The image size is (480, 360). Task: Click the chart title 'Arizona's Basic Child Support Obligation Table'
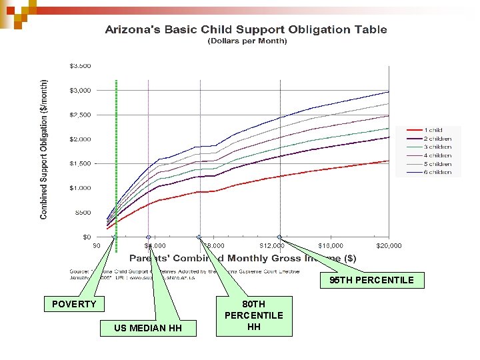(x=245, y=29)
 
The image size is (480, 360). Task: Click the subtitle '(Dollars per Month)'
(x=247, y=41)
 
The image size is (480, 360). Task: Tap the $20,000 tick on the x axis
(x=389, y=245)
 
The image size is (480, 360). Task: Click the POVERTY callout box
(x=74, y=305)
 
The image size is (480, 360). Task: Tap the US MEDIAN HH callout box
(x=147, y=327)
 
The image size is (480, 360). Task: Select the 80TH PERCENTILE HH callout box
(x=253, y=315)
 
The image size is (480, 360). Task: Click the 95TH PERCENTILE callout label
(x=371, y=280)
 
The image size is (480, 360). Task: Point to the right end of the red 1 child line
(x=389, y=161)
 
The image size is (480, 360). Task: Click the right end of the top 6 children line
(x=389, y=92)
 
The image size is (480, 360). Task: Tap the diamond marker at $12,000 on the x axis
(x=280, y=237)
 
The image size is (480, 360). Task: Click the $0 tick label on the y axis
(x=87, y=237)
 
